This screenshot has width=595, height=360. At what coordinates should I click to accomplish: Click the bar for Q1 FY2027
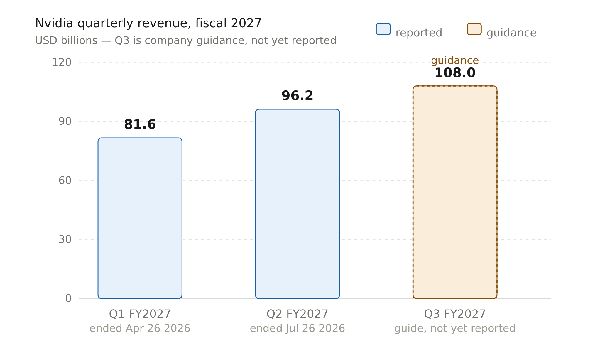(140, 218)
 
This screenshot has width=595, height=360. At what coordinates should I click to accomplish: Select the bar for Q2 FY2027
(297, 204)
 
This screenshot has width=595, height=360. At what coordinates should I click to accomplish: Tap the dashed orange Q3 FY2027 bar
(455, 192)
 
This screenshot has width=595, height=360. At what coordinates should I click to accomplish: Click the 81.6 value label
(140, 124)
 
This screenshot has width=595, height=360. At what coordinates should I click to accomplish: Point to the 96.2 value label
(297, 96)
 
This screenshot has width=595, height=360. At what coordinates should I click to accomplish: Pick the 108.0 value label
(455, 73)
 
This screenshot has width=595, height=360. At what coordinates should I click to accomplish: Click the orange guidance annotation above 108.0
(455, 61)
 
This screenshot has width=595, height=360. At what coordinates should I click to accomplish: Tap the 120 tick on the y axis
(62, 62)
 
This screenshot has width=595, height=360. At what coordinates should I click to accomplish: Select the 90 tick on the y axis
(65, 121)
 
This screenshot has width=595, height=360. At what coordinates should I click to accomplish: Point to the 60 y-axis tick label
(65, 180)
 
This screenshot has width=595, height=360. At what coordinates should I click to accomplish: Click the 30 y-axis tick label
(65, 239)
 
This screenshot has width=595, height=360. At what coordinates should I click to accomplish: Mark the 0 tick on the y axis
(68, 298)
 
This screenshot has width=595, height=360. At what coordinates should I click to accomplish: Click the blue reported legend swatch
(383, 29)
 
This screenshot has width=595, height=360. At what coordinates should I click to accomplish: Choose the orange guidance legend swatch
(474, 29)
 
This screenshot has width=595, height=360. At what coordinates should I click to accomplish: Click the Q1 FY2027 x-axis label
(140, 314)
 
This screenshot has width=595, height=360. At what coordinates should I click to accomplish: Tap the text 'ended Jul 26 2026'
(297, 328)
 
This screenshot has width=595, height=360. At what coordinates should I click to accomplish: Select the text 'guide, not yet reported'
(455, 328)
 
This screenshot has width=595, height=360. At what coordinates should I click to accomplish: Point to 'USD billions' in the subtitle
(66, 40)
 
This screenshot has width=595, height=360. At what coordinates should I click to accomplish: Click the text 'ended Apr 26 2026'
(140, 328)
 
